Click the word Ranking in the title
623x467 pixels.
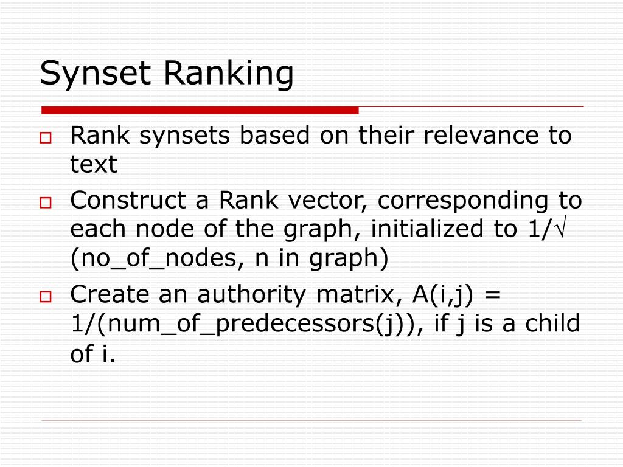[229, 74]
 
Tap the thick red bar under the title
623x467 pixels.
[200, 111]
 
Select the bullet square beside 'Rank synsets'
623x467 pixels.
[46, 138]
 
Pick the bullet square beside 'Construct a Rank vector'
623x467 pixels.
[46, 202]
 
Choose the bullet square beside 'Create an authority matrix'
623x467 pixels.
[46, 297]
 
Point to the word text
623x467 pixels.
[94, 164]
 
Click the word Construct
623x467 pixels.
[128, 199]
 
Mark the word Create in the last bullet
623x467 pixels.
[109, 295]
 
